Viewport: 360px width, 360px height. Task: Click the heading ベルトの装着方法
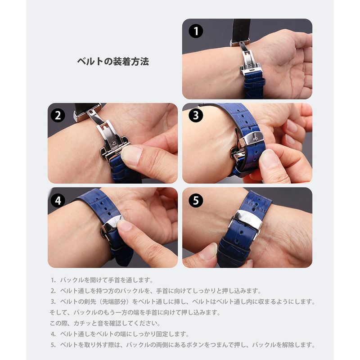(113, 62)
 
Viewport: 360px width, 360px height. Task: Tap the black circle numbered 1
(196, 31)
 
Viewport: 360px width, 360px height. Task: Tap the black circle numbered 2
(58, 116)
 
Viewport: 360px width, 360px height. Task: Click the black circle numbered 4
(58, 200)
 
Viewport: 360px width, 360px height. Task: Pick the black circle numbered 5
(195, 200)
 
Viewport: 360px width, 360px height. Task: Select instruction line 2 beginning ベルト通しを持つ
(155, 291)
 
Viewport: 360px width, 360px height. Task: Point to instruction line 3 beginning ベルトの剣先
(183, 301)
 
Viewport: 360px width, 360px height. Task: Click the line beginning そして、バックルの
(135, 312)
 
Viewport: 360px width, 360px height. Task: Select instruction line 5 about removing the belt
(183, 345)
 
